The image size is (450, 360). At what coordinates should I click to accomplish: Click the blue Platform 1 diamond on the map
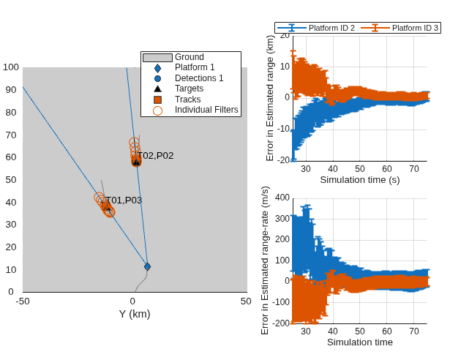tap(147, 266)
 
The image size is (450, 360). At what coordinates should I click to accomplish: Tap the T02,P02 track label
tap(156, 156)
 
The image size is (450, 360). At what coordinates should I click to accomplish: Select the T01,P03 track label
tap(124, 200)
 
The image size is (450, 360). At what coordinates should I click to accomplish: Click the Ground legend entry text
tap(190, 57)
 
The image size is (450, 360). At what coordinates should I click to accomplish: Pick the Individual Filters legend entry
tap(206, 110)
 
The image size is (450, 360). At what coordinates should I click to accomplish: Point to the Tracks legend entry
tap(188, 100)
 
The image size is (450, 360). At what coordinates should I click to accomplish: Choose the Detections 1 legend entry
tap(199, 78)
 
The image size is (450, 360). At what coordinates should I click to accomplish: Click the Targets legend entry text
tap(189, 89)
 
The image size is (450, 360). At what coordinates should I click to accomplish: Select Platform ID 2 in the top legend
tap(331, 28)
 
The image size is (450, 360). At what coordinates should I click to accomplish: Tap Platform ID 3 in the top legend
tap(415, 28)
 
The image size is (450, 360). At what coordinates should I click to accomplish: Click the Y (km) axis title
tap(135, 314)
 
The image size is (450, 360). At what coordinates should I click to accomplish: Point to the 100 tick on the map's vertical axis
tap(11, 67)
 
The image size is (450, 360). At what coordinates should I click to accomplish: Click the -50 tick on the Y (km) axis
tap(23, 301)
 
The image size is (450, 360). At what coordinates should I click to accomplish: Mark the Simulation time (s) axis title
tap(360, 180)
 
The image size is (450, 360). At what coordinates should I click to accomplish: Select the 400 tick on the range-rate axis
tap(282, 198)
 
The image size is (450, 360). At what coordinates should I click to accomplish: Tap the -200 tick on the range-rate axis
tap(281, 323)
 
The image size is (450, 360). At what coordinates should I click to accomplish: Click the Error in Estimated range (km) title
tap(270, 98)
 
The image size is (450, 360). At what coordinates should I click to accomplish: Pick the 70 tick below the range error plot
tap(414, 169)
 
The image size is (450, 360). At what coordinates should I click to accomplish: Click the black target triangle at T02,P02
tap(137, 162)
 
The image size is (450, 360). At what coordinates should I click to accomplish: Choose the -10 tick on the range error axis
tap(284, 129)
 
